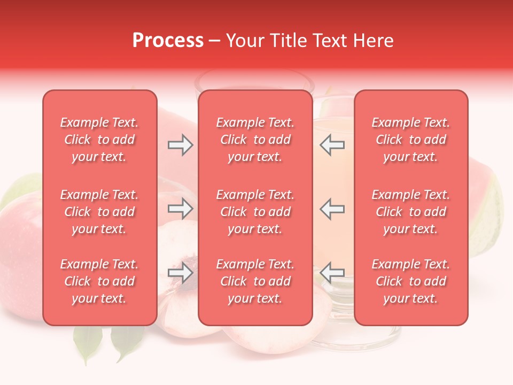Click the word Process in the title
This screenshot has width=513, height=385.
[x=168, y=41]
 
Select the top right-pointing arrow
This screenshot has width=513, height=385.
[x=181, y=145]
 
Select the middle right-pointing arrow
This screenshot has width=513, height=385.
[x=181, y=209]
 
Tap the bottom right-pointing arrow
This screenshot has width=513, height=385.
[x=181, y=273]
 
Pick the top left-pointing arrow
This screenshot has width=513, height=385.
[x=332, y=145]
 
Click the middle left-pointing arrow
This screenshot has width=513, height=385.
[x=332, y=209]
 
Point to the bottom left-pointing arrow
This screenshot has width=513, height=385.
[x=332, y=273]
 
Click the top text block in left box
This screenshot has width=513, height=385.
[x=99, y=140]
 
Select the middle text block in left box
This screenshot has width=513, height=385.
[x=99, y=212]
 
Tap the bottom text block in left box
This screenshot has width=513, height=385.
[x=99, y=281]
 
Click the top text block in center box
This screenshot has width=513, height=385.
[x=255, y=140]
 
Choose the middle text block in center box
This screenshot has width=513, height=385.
[x=255, y=212]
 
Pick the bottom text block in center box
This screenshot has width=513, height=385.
[x=255, y=281]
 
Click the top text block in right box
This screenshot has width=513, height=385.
[x=411, y=140]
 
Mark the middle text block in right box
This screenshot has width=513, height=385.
[x=411, y=212]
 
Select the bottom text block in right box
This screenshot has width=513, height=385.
[x=411, y=281]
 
